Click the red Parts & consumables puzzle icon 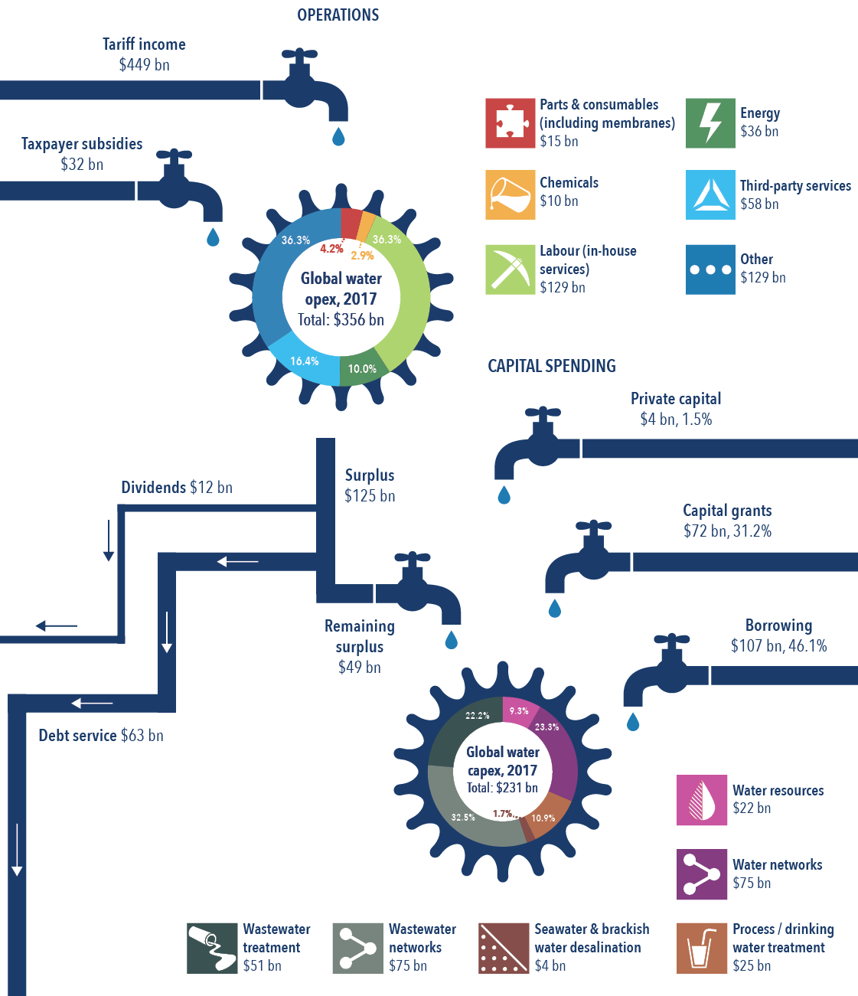point(510,123)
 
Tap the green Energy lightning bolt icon point(710,123)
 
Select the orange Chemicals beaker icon point(510,194)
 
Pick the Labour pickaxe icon point(510,269)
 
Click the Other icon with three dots point(710,269)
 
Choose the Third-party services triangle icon point(710,194)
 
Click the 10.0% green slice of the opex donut point(362,368)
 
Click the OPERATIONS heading point(338,15)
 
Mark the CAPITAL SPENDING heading point(551,366)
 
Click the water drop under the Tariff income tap point(338,137)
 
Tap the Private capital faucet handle point(543,414)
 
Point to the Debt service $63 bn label point(101,736)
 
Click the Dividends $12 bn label point(176,488)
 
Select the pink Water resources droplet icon point(701,800)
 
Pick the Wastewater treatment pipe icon point(212,948)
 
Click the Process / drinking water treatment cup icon point(701,948)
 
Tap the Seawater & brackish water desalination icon point(503,948)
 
